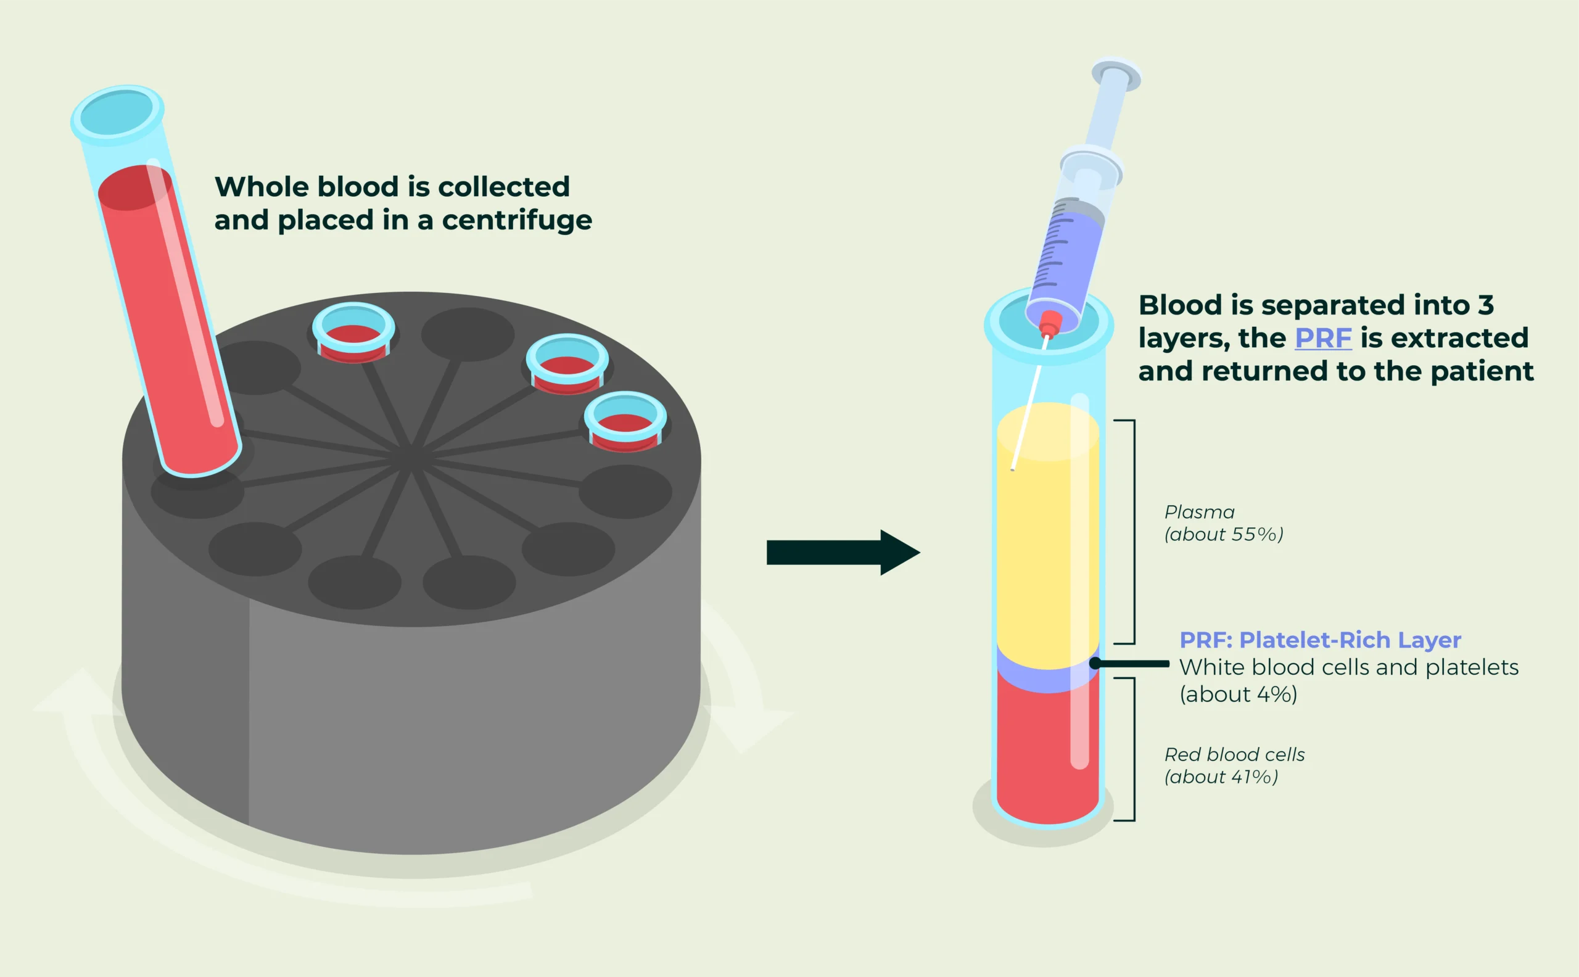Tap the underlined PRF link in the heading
pos(1322,338)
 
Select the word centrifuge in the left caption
pos(516,221)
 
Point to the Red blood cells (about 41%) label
pos(1234,765)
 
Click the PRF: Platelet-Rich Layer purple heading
pos(1320,640)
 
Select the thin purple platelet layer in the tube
pos(1047,678)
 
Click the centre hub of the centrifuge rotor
pos(411,458)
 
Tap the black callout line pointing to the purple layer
pos(1131,663)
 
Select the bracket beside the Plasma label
pos(1133,531)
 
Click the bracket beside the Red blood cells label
pos(1133,749)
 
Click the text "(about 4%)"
pos(1238,694)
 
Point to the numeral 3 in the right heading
pos(1485,305)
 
